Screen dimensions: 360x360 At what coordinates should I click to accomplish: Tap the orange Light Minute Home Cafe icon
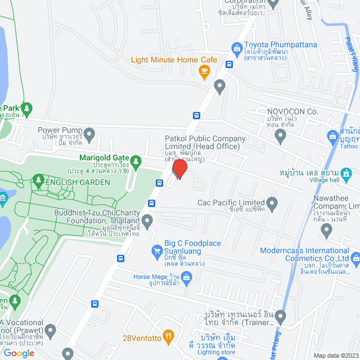[204, 70]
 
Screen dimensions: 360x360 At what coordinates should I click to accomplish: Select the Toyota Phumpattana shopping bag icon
[237, 49]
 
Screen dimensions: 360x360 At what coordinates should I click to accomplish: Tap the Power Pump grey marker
[89, 133]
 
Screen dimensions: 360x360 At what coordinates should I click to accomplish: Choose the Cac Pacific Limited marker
[273, 202]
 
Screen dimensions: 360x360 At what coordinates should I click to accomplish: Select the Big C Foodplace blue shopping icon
[157, 251]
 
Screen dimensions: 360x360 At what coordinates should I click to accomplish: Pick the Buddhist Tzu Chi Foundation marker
[147, 221]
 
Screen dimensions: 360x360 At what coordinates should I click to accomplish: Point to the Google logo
[19, 353]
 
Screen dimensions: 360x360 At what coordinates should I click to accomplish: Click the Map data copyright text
[335, 355]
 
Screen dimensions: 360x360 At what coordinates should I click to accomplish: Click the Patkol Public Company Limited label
[205, 143]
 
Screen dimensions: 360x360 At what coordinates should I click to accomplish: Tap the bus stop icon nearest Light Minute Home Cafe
[228, 64]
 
